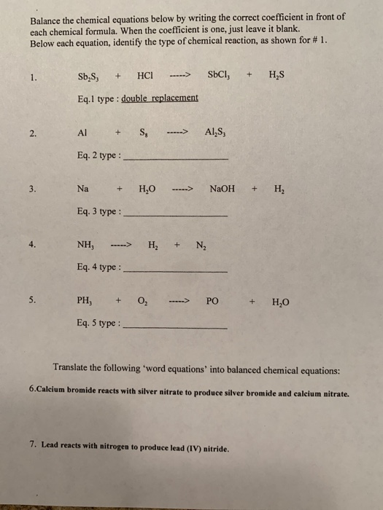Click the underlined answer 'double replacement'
(160, 97)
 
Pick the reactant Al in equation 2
(83, 133)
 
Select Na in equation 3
(82, 189)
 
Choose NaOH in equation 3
(223, 189)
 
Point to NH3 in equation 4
(87, 246)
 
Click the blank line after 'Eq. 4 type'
(177, 270)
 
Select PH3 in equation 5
(85, 300)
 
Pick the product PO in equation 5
(212, 300)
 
